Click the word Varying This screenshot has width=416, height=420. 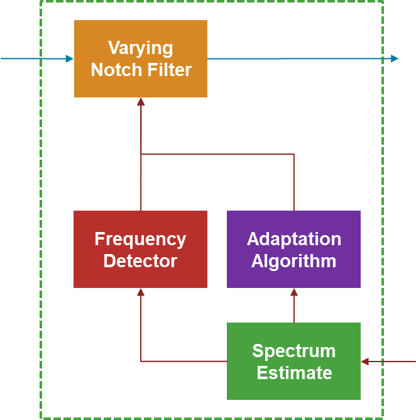click(140, 48)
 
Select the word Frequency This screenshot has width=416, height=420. click(140, 240)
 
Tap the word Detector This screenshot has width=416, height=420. click(140, 261)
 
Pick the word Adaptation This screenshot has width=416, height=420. click(293, 240)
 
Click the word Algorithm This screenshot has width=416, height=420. click(293, 261)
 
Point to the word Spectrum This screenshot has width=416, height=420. click(293, 351)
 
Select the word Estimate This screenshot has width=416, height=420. click(293, 373)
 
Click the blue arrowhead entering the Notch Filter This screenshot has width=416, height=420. click(69, 59)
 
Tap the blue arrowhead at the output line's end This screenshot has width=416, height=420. click(394, 59)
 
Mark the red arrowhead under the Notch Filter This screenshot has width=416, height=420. click(141, 102)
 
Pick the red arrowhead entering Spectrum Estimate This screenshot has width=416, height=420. click(365, 362)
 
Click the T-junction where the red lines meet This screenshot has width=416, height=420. click(141, 154)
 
